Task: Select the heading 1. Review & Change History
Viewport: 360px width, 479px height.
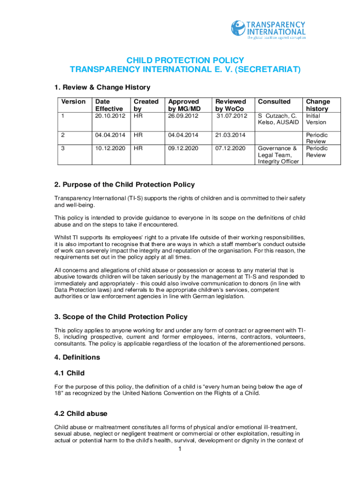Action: click(102, 87)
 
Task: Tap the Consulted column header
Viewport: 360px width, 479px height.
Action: click(274, 102)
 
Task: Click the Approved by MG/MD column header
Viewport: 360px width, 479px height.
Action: click(184, 105)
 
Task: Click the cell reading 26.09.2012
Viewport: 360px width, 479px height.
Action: click(183, 116)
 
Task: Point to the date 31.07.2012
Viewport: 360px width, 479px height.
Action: click(231, 116)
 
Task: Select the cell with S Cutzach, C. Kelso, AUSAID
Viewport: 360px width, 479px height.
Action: click(278, 119)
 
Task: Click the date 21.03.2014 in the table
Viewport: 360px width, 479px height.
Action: click(230, 135)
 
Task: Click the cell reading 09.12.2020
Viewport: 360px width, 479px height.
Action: click(183, 148)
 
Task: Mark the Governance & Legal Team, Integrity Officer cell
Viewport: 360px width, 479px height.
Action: click(278, 155)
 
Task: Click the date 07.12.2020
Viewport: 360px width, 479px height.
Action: click(230, 148)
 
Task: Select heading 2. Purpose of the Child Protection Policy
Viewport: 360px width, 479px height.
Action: click(124, 184)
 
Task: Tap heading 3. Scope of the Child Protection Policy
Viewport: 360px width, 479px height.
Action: click(121, 317)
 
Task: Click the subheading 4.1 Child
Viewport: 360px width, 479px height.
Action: click(69, 373)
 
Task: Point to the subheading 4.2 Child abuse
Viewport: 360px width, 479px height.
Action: click(81, 414)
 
